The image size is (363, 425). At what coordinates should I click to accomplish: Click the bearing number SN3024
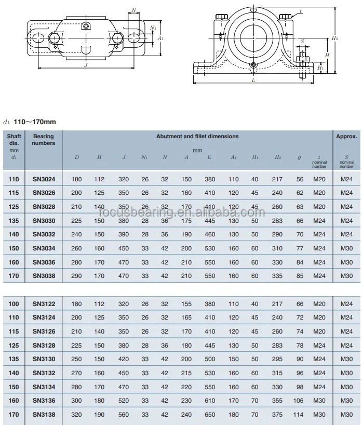click(44, 179)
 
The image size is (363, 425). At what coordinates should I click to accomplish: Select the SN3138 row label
click(44, 414)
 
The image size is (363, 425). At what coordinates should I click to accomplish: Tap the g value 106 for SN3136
click(299, 401)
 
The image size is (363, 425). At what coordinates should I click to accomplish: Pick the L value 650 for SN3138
click(210, 414)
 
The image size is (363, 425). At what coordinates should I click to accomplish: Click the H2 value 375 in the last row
click(277, 414)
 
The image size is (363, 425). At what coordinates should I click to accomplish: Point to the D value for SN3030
click(77, 220)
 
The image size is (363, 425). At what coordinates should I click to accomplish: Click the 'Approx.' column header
click(346, 137)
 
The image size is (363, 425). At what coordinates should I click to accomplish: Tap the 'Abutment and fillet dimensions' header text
click(197, 136)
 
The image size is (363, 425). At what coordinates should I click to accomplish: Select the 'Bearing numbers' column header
click(44, 140)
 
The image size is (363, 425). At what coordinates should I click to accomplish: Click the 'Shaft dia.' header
click(14, 140)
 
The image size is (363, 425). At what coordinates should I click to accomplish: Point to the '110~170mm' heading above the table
click(34, 122)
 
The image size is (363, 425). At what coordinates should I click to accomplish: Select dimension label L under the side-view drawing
click(253, 81)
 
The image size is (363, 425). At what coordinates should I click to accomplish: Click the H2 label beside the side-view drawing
click(335, 38)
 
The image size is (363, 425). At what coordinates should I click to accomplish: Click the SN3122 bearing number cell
click(44, 304)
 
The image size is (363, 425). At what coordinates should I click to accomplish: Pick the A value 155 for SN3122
click(186, 304)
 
